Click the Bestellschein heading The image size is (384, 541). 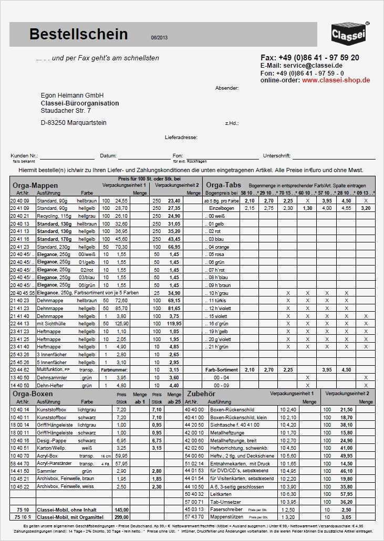click(78, 35)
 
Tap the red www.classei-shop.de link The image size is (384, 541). click(336, 80)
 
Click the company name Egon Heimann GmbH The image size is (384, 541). click(72, 96)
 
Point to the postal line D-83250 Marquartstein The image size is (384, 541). click(74, 122)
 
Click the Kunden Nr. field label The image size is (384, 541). click(24, 156)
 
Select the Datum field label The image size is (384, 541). click(108, 156)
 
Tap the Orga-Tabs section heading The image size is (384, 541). click(224, 185)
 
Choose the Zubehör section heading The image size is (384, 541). click(202, 393)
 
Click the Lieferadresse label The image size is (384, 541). click(181, 137)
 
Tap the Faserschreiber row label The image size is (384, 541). click(226, 510)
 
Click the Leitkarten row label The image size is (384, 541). click(220, 494)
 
